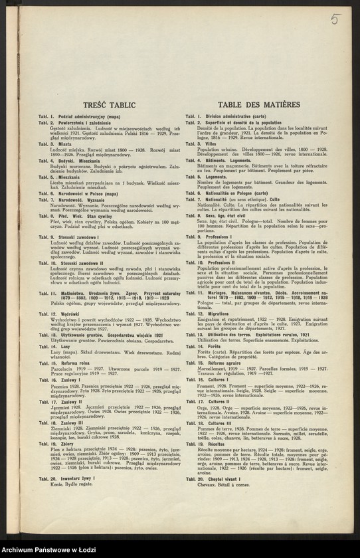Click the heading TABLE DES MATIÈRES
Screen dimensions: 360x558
click(249, 105)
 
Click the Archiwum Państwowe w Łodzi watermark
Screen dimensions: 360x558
click(50, 550)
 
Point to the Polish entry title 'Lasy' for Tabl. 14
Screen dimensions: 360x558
click(65, 346)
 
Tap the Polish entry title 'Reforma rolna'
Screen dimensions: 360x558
click(76, 363)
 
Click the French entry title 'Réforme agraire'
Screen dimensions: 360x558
click(226, 363)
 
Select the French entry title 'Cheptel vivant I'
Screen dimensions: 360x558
click(226, 478)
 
